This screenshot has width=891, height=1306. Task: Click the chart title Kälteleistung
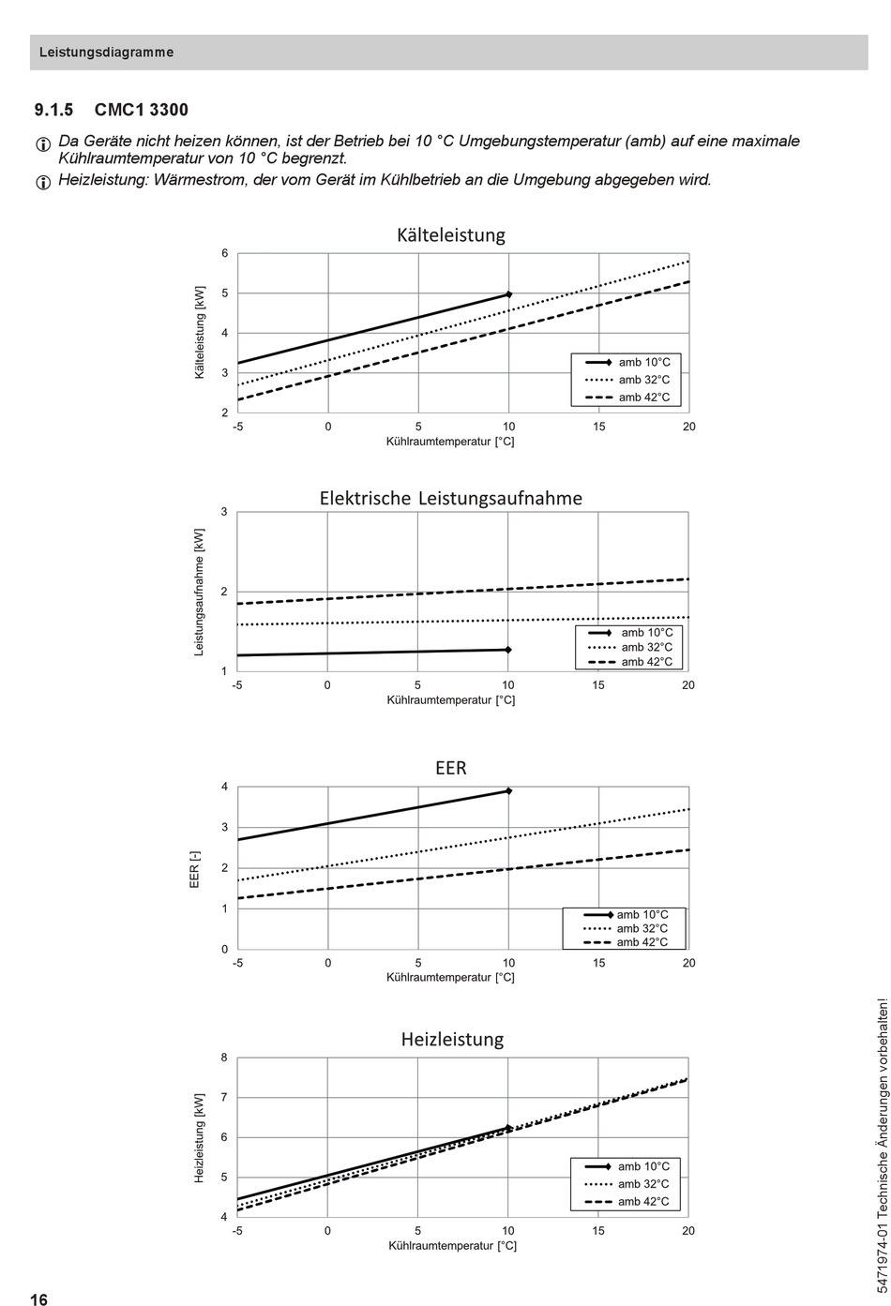tap(451, 235)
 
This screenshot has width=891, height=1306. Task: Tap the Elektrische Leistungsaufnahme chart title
tap(451, 498)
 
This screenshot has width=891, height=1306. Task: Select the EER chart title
tap(451, 768)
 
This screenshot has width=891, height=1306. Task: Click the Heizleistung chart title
tap(452, 1039)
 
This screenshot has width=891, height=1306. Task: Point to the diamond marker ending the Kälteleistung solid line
tap(508, 294)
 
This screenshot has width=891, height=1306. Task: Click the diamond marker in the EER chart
tap(508, 790)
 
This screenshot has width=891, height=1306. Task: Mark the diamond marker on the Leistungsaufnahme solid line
tap(508, 650)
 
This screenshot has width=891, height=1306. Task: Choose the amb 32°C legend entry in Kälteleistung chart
tap(627, 380)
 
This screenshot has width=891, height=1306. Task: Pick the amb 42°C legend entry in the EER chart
tap(626, 941)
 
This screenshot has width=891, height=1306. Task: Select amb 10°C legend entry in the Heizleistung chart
tap(627, 1166)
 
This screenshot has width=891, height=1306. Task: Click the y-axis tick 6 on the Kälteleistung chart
tap(224, 254)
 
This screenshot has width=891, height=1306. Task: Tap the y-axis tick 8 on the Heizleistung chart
tap(224, 1058)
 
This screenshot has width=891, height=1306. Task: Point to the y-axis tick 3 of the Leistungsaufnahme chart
tap(224, 512)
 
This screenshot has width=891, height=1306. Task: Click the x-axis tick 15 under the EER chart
tap(599, 963)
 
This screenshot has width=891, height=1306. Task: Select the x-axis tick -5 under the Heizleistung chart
tap(236, 1230)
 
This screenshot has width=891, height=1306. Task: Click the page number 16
tap(39, 1299)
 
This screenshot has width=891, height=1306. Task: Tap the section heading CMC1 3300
tap(141, 110)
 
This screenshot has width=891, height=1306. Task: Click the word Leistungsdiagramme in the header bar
tap(107, 53)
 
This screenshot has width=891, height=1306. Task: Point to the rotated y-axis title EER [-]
tap(195, 869)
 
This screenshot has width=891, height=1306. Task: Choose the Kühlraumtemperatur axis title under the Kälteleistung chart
tap(450, 442)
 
